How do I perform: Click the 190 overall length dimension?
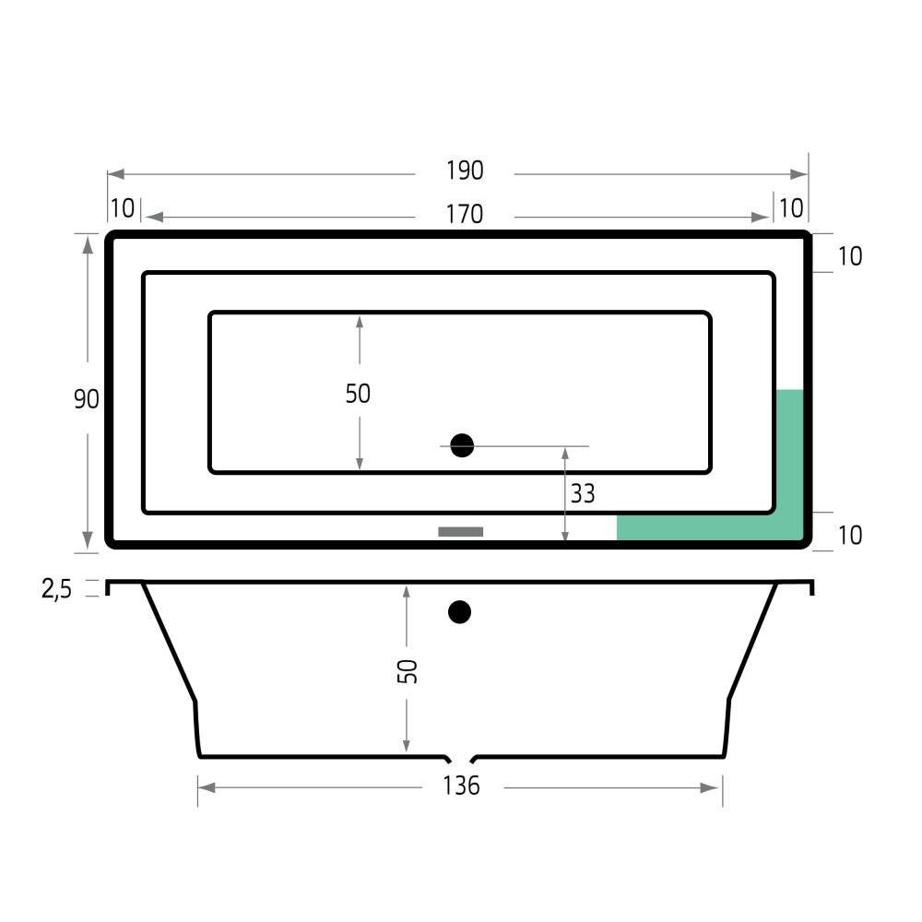point(465,171)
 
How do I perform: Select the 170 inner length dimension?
point(465,214)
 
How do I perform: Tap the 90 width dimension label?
point(87,399)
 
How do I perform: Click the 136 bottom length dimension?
point(462,786)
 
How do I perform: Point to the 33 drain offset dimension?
point(583,494)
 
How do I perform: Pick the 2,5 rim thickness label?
point(56,588)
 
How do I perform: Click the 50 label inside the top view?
point(358,394)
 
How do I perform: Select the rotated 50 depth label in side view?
point(407,671)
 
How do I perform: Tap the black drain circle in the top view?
point(462,445)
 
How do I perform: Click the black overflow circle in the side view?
point(459,612)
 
